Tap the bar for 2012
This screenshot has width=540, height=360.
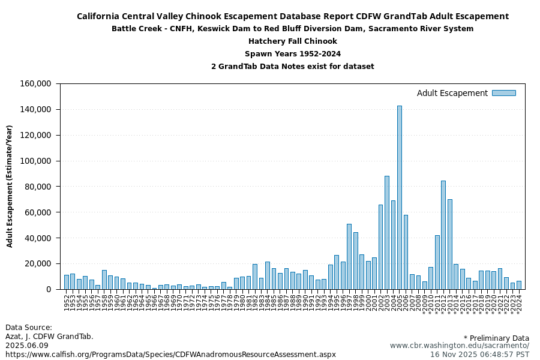point(443,235)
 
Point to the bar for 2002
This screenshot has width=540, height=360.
point(380,247)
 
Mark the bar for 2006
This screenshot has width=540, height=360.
point(406,252)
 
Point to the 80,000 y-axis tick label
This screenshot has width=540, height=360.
point(38,187)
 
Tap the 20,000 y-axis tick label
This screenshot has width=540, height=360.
point(38,264)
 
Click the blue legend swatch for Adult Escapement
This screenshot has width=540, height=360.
point(503,93)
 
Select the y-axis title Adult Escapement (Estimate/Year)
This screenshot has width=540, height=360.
point(10,186)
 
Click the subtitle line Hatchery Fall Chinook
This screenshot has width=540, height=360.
point(293,41)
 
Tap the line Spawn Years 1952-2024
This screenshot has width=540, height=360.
point(293,54)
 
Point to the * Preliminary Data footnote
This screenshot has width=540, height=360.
point(496,338)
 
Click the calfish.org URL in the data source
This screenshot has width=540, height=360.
point(170,355)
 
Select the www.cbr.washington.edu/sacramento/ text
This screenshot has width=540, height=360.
point(460,346)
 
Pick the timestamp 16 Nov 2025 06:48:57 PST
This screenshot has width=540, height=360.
point(479,355)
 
